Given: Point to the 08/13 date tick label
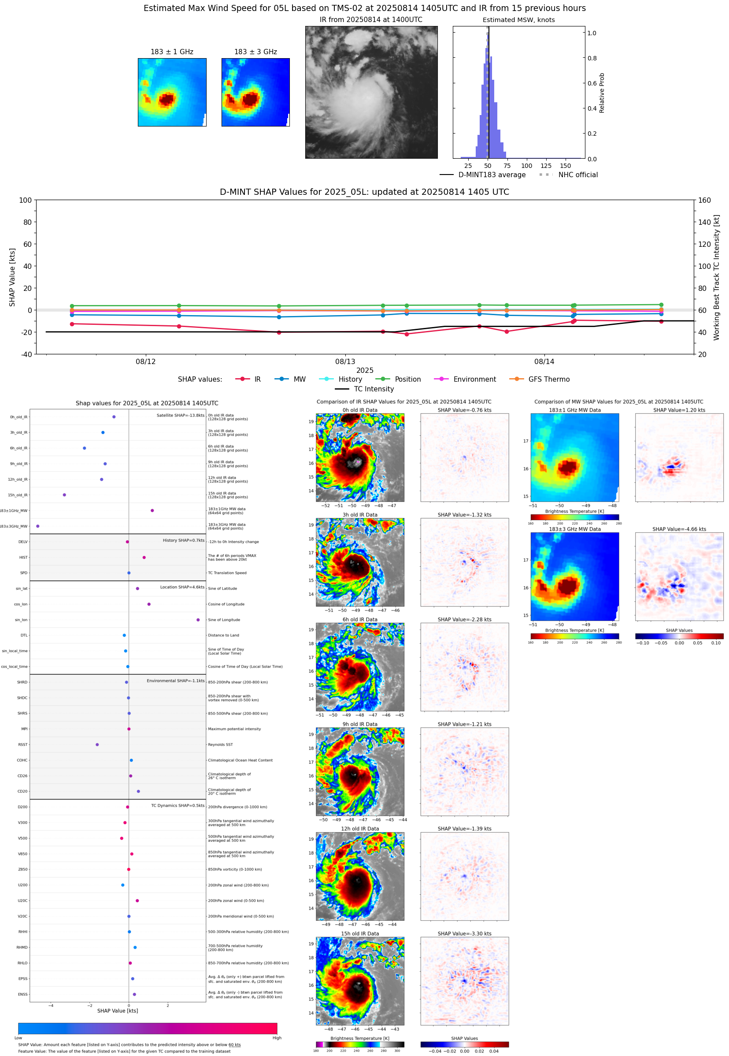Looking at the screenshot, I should (x=345, y=361).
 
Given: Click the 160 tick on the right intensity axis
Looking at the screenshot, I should (x=704, y=200).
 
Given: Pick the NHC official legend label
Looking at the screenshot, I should (x=578, y=175).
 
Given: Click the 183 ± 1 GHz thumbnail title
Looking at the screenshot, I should (x=172, y=52).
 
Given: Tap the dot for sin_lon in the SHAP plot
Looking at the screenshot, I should (x=198, y=620).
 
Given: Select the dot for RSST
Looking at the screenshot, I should (x=97, y=745).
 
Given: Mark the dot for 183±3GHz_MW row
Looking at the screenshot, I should (x=38, y=526).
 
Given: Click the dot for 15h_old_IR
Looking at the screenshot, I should (x=64, y=495).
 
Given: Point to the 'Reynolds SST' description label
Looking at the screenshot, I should (x=220, y=745).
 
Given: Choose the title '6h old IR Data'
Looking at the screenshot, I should (x=360, y=620).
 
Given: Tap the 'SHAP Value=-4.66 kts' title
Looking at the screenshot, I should (x=679, y=529).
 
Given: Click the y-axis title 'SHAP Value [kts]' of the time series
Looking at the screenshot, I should (x=12, y=277).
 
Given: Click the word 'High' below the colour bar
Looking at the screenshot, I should (x=277, y=1038).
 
